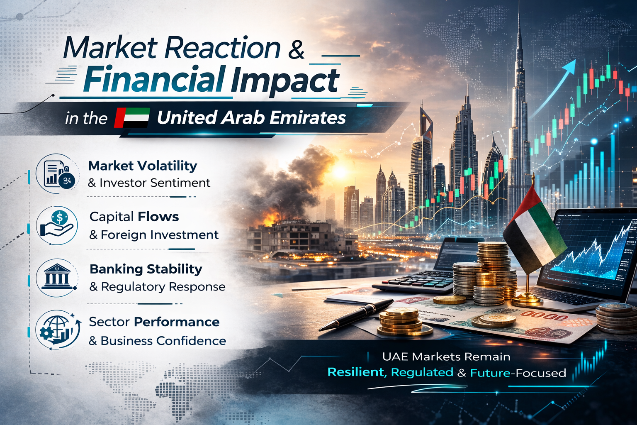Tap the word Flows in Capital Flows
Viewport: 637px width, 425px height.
click(158, 217)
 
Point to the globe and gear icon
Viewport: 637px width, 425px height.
click(58, 330)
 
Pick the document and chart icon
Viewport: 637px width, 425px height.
click(57, 174)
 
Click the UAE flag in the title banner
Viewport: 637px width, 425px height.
click(132, 118)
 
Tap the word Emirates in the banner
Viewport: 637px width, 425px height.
click(308, 118)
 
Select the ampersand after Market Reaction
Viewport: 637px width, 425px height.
click(296, 49)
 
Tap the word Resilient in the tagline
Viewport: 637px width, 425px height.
click(357, 372)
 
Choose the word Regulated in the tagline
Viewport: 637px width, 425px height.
click(422, 372)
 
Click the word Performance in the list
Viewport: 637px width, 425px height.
click(177, 322)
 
